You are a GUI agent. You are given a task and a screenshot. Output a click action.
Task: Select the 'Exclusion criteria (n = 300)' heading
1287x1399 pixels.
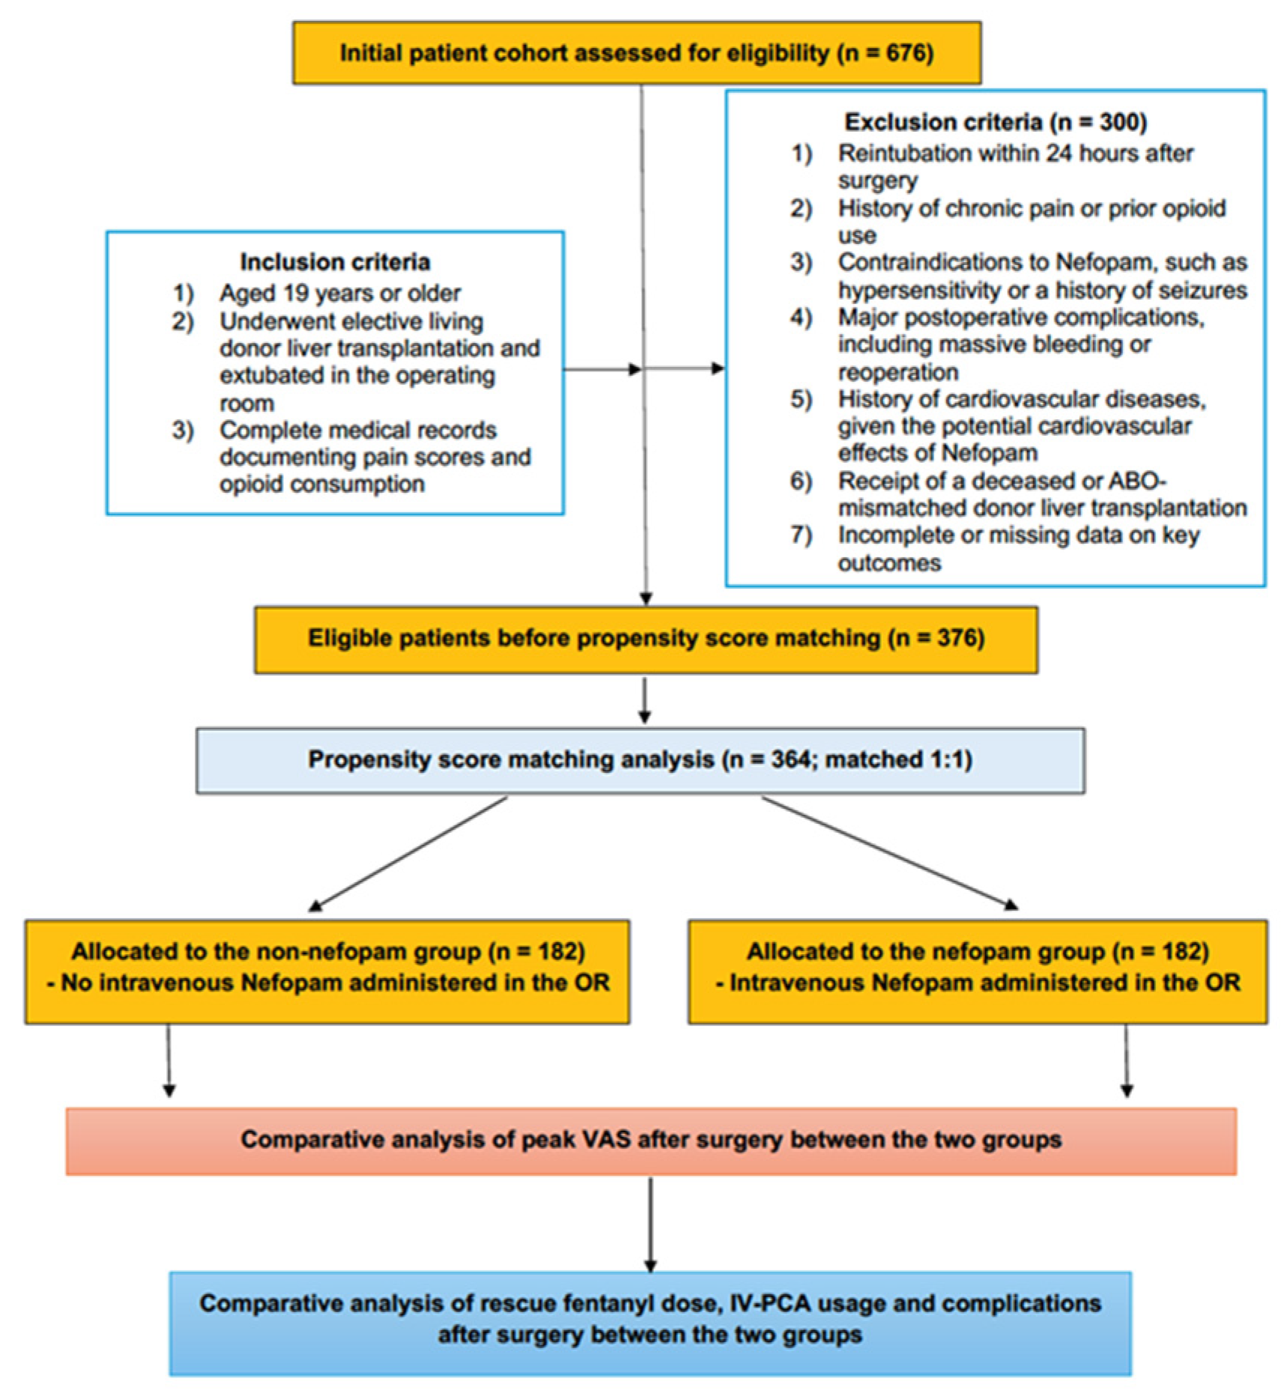pyautogui.click(x=996, y=122)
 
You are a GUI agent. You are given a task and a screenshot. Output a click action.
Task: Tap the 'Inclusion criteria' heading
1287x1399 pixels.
pyautogui.click(x=335, y=262)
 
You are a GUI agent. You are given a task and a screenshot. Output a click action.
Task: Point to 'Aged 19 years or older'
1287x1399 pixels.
pyautogui.click(x=339, y=293)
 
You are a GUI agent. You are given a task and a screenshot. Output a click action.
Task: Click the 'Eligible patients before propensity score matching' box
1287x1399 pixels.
pyautogui.click(x=646, y=639)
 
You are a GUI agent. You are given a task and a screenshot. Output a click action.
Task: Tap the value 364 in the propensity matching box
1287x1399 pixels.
pyautogui.click(x=790, y=760)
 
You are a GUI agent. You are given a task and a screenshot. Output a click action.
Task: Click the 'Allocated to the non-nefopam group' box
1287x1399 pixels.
pyautogui.click(x=327, y=971)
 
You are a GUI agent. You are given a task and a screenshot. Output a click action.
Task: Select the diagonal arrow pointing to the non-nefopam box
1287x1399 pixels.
pyautogui.click(x=408, y=854)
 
